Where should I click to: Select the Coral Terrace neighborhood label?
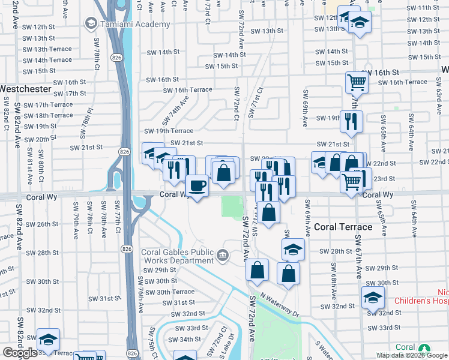(x=343, y=227)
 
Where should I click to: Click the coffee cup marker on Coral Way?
(x=197, y=185)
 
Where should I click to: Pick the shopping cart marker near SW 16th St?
(x=357, y=82)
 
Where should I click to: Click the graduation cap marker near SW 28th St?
(x=293, y=249)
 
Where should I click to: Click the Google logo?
(x=19, y=353)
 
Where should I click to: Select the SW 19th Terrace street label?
(x=169, y=131)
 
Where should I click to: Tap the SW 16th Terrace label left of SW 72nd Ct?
(x=188, y=90)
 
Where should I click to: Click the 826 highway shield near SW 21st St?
(x=124, y=148)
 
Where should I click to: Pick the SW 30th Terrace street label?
(x=167, y=292)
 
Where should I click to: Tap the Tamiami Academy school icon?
(x=91, y=23)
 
